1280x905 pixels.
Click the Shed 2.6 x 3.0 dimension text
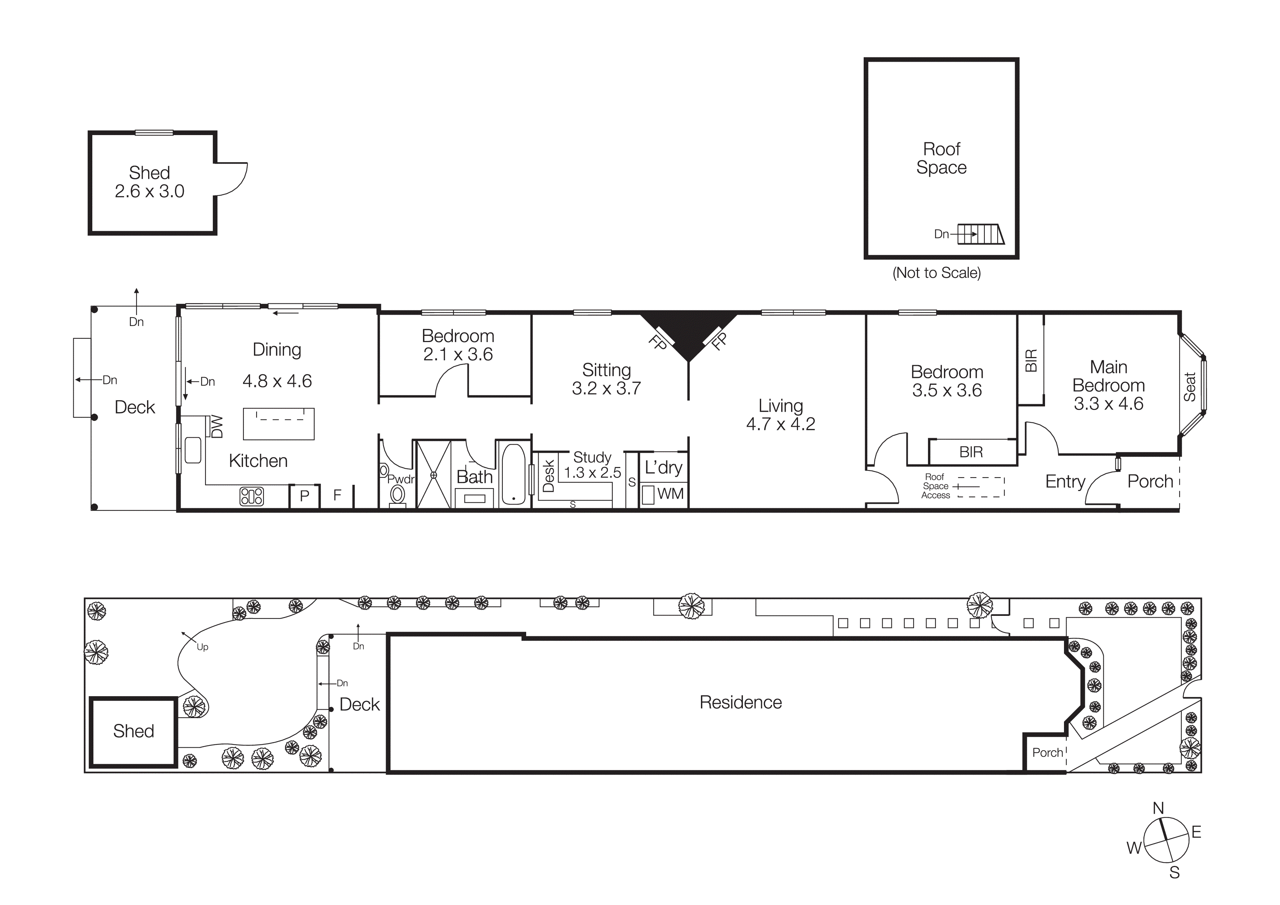tap(149, 191)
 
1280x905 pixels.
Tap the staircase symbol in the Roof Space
tap(981, 234)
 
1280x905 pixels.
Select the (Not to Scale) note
tap(937, 273)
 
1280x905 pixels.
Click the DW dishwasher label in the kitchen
tap(217, 426)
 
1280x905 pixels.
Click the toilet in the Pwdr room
tap(397, 495)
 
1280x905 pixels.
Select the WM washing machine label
tap(670, 494)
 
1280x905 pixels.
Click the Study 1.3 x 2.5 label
tap(592, 465)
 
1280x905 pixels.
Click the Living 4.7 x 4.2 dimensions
tap(780, 424)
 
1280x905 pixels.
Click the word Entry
tap(1065, 481)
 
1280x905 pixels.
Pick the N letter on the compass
tap(1158, 808)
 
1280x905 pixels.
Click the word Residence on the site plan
tap(740, 703)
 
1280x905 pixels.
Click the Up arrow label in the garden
tap(202, 647)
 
